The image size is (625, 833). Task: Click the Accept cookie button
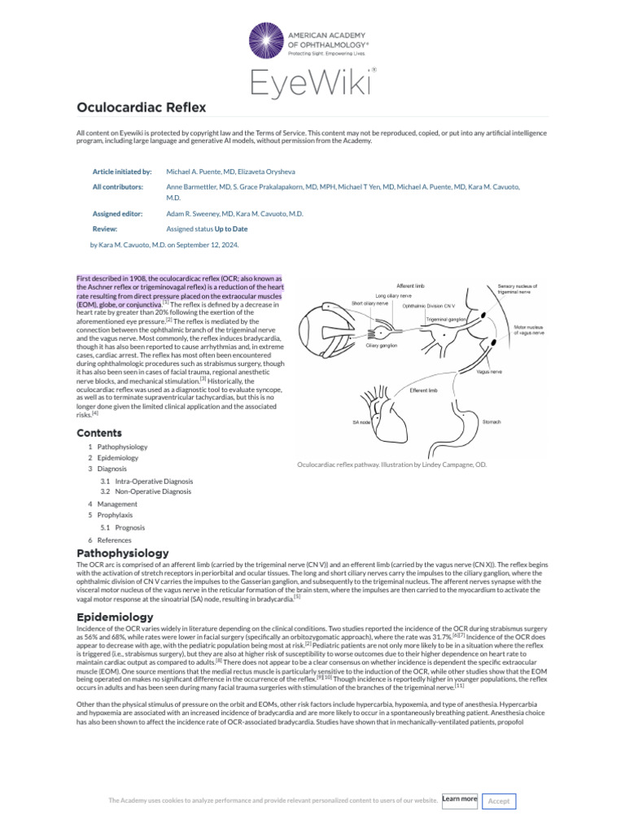click(499, 801)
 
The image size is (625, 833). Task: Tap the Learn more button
click(460, 800)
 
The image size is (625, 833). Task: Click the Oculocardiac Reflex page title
click(141, 107)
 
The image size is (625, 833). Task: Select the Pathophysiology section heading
click(122, 553)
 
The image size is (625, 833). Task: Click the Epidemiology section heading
click(115, 617)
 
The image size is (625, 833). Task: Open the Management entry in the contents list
click(116, 504)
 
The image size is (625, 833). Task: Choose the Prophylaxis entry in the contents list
click(115, 515)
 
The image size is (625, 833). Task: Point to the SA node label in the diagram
click(362, 422)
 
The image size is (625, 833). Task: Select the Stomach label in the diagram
click(492, 422)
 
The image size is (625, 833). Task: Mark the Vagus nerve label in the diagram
click(489, 371)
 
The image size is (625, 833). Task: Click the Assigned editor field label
click(117, 213)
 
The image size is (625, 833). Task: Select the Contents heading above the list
click(99, 433)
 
